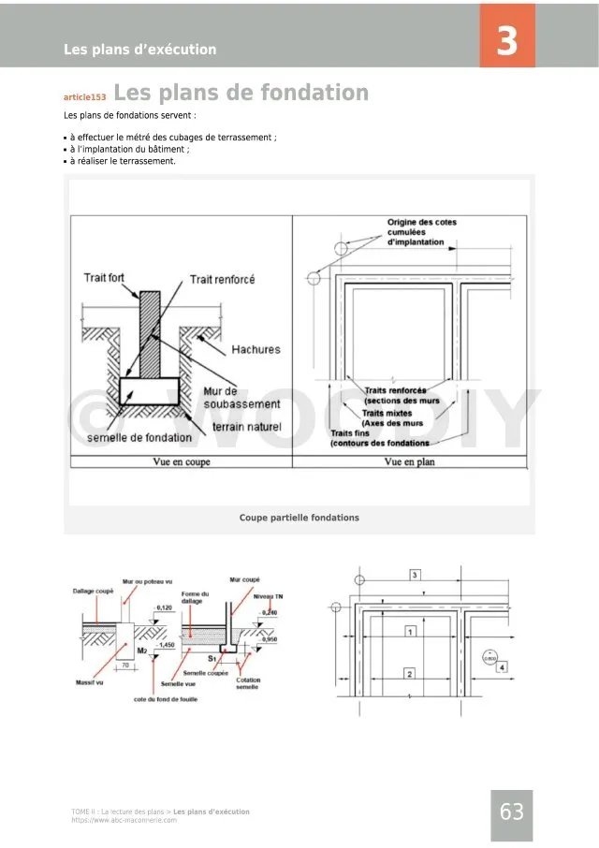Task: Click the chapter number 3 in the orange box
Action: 506,42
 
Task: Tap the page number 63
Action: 512,812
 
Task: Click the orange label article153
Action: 85,96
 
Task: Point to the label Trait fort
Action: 104,278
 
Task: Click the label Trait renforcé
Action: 222,279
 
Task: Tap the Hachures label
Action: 256,350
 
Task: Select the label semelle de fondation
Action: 139,437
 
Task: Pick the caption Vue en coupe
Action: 182,461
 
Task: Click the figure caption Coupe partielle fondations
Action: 299,518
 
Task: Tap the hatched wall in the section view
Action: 150,332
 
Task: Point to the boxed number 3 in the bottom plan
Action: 415,574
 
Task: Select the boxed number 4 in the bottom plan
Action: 502,666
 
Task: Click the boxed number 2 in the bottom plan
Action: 409,674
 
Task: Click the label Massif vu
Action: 89,682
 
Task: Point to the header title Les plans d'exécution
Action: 139,50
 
